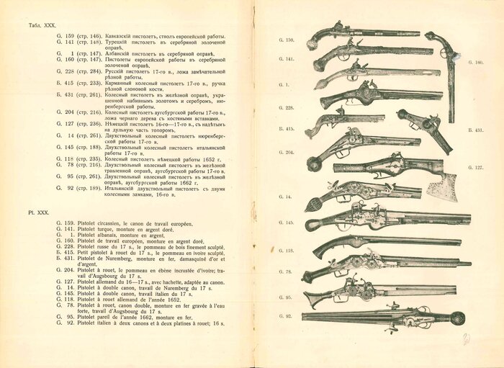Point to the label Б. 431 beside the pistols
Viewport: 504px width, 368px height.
(x=474, y=130)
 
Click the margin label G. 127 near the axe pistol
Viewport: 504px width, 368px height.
(x=474, y=167)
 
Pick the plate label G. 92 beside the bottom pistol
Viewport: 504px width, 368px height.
(x=286, y=316)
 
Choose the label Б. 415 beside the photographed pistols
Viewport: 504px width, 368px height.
(x=287, y=128)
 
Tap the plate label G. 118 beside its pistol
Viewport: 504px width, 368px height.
(x=287, y=251)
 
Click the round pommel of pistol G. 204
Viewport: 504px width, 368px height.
(x=313, y=165)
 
